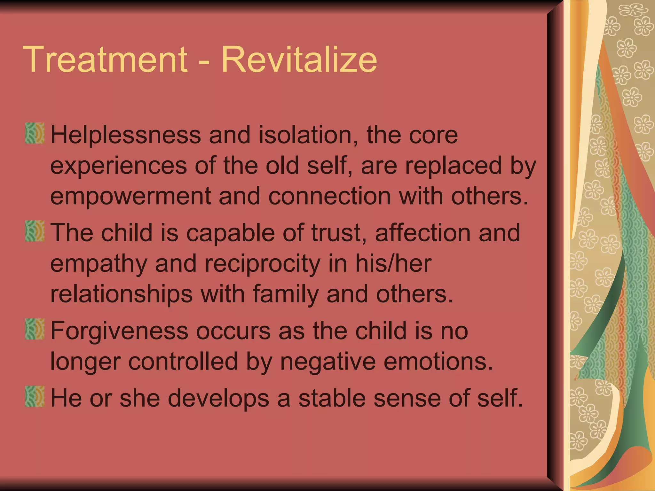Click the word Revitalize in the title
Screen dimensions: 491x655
point(299,59)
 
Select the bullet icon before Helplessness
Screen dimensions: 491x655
point(35,133)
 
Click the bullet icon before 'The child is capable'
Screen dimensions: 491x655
point(35,231)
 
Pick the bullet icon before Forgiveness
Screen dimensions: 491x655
point(35,329)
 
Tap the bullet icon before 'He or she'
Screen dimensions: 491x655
point(35,396)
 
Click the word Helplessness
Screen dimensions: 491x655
point(126,135)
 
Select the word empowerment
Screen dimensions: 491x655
point(130,196)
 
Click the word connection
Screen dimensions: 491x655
point(329,196)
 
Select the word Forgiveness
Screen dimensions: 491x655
point(119,331)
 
